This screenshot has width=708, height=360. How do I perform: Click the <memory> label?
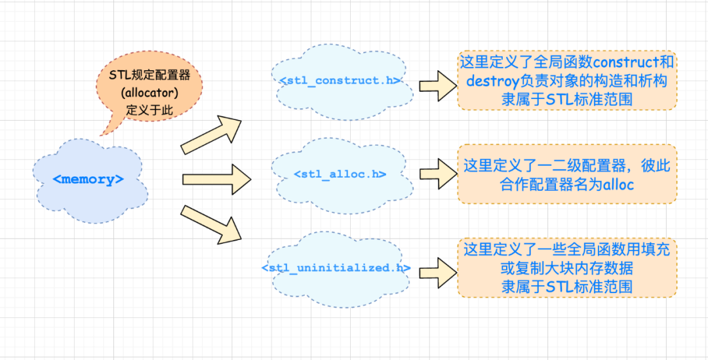click(x=88, y=179)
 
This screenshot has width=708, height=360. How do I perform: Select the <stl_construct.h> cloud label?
click(x=340, y=81)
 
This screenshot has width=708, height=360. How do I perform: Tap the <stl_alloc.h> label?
click(x=340, y=174)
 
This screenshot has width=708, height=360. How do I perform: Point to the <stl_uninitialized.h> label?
click(x=336, y=268)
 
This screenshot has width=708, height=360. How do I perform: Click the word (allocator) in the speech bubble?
click(x=149, y=92)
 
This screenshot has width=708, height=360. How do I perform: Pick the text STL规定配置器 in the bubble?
click(x=149, y=75)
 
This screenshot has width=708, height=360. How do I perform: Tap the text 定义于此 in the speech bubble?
click(x=149, y=110)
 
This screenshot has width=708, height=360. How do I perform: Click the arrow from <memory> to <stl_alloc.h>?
click(x=216, y=179)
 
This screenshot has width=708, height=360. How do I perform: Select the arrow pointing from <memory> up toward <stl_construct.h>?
click(x=211, y=134)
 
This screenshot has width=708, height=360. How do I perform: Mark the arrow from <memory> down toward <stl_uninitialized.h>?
click(x=211, y=224)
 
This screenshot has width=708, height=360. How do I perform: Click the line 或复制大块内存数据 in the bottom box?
click(x=566, y=270)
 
